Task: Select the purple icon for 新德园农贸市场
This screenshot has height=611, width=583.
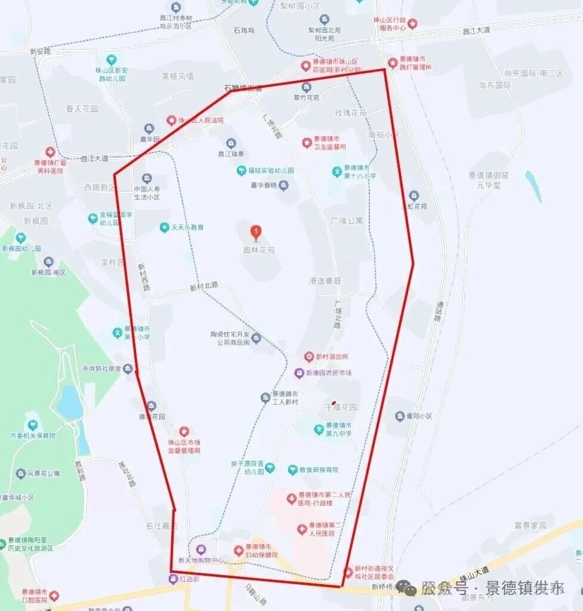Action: pyautogui.click(x=300, y=373)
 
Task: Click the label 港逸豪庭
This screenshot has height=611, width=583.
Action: pyautogui.click(x=325, y=280)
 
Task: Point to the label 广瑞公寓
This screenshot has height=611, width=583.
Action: pyautogui.click(x=346, y=220)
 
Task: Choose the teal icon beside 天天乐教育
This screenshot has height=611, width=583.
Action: pyautogui.click(x=164, y=227)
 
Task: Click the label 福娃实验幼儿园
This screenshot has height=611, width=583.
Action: pyautogui.click(x=271, y=171)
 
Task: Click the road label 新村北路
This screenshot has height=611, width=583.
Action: pyautogui.click(x=204, y=286)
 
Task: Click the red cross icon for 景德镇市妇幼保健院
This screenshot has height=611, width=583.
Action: pyautogui.click(x=239, y=550)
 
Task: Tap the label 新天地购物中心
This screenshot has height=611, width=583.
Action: pyautogui.click(x=201, y=561)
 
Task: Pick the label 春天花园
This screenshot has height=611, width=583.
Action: pyautogui.click(x=82, y=109)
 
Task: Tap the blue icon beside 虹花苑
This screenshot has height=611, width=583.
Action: pyautogui.click(x=414, y=196)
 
